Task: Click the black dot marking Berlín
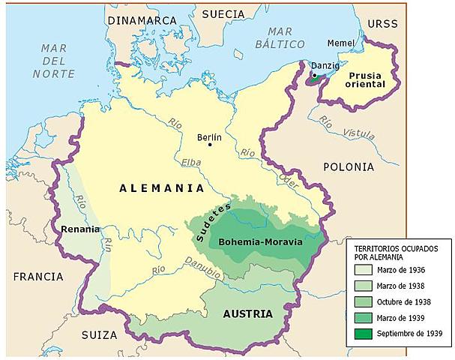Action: [210, 145]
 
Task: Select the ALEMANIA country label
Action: [162, 189]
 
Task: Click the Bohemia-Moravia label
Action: [255, 242]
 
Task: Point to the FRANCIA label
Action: [37, 276]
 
